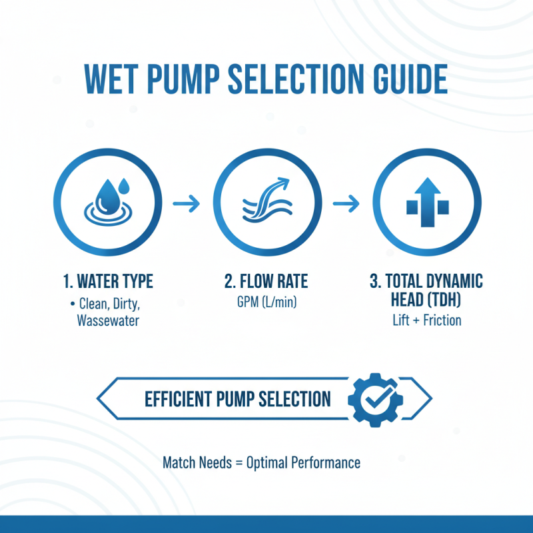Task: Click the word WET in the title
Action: (x=118, y=79)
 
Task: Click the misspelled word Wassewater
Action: (x=107, y=320)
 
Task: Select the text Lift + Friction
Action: (x=426, y=320)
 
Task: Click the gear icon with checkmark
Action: (x=374, y=399)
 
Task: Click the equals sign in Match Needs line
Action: (x=238, y=462)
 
